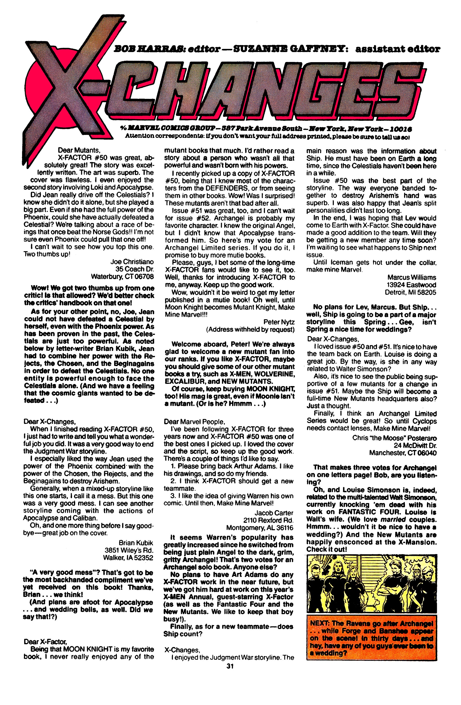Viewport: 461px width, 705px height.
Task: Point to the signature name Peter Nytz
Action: (x=279, y=322)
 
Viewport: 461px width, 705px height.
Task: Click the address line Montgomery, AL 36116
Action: (x=260, y=528)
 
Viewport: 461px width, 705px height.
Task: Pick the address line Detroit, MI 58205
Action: (x=410, y=292)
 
